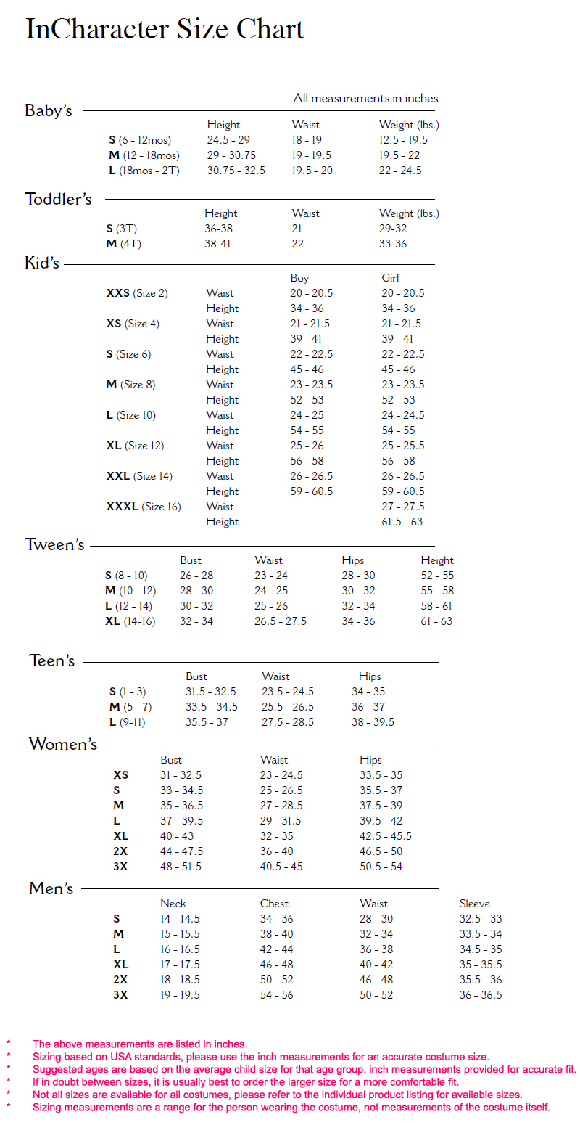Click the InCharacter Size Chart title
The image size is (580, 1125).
[165, 30]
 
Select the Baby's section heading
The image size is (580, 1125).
[49, 111]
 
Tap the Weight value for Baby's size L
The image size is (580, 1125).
[400, 171]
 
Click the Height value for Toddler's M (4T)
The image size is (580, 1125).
[217, 244]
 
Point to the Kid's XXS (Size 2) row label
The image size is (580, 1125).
[137, 293]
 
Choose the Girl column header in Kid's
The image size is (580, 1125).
[390, 278]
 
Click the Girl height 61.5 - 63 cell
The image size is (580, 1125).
[402, 522]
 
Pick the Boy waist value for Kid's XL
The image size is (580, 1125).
[308, 446]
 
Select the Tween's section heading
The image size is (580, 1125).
[55, 545]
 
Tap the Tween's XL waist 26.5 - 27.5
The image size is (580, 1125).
[281, 621]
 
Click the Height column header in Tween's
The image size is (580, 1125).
[437, 560]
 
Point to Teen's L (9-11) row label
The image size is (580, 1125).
[128, 722]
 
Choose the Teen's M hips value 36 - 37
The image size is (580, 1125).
[368, 707]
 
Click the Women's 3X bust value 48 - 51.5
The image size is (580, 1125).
[181, 867]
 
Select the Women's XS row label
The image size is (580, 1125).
[120, 775]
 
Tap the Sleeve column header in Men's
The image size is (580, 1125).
[475, 904]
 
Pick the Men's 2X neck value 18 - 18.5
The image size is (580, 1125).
[180, 980]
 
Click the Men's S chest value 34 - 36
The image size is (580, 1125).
[277, 919]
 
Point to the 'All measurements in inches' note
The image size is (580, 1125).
[365, 98]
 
